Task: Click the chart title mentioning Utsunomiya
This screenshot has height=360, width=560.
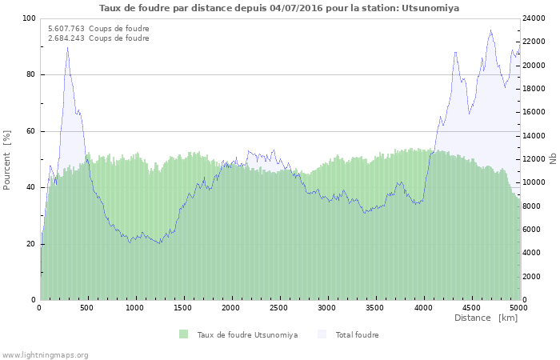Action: tap(279, 7)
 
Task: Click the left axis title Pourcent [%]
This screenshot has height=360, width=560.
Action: tap(7, 159)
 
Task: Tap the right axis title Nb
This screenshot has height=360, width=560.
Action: tap(553, 159)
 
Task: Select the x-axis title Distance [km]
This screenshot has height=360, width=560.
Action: tap(486, 318)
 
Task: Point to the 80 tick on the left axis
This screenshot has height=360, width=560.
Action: tap(31, 75)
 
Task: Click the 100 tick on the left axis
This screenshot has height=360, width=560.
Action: tap(29, 18)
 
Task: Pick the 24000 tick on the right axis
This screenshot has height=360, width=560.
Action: tap(534, 18)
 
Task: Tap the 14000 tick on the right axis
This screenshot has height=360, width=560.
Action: tap(534, 136)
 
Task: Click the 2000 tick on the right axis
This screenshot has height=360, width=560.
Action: tap(532, 277)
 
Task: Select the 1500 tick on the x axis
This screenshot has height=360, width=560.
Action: tap(183, 307)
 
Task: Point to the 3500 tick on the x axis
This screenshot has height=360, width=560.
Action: tap(374, 307)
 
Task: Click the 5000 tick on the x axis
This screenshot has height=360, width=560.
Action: tap(518, 307)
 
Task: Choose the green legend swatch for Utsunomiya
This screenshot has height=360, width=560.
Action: tap(184, 334)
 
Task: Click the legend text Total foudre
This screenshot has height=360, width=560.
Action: tap(357, 335)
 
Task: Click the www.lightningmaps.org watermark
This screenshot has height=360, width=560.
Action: tap(45, 354)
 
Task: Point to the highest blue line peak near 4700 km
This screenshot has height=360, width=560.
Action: tap(490, 30)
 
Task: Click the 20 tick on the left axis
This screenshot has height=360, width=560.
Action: tap(31, 244)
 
